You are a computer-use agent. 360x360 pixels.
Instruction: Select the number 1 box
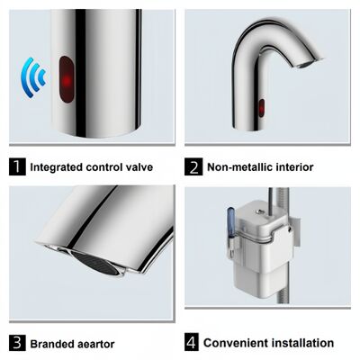(16, 166)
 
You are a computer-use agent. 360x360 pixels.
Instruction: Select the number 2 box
(193, 166)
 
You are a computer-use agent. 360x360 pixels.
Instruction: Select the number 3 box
(16, 343)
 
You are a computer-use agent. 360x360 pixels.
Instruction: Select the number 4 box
(193, 343)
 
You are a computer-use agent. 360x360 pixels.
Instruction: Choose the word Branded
(53, 343)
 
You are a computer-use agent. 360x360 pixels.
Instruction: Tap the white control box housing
(261, 270)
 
